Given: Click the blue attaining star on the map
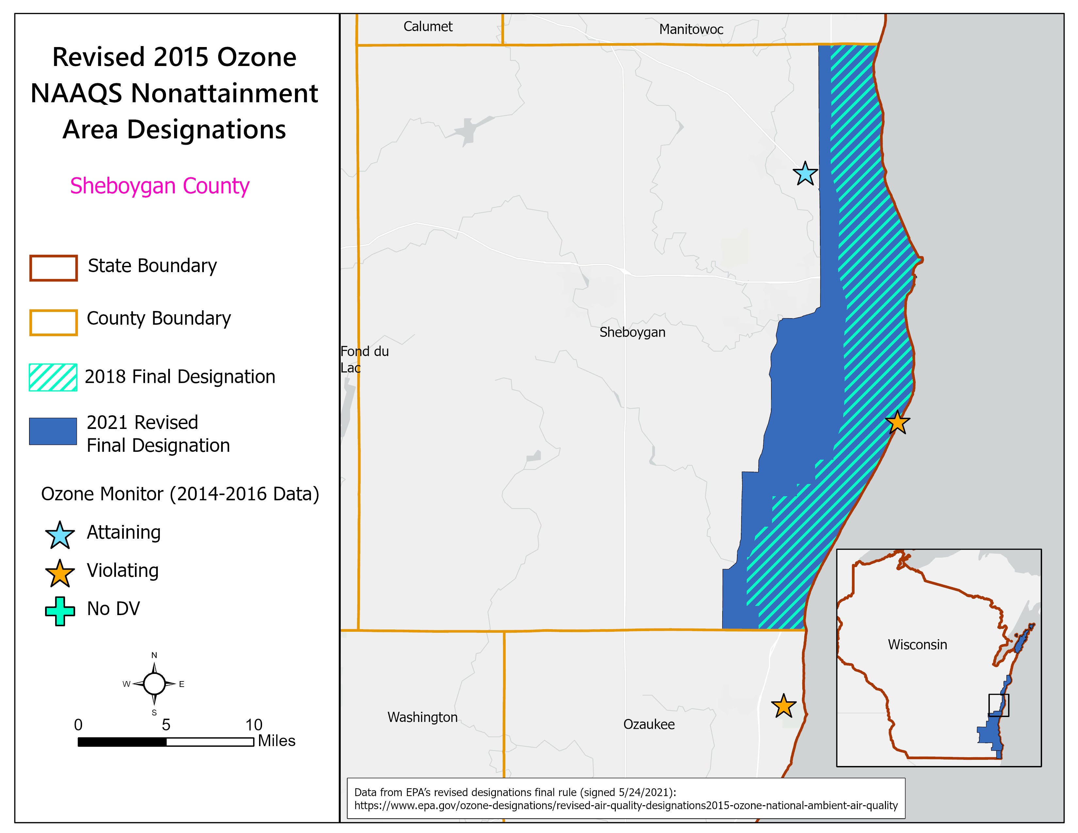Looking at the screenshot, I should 805,174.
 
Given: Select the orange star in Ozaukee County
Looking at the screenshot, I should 783,706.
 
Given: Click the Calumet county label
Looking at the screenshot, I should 428,27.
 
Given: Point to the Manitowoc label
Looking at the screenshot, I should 691,30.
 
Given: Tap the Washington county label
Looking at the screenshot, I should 422,717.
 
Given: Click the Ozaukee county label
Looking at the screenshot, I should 648,725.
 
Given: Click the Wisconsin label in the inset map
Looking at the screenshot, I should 917,645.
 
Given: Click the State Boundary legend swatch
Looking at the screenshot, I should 53,268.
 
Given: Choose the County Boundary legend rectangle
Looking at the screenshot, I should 53,322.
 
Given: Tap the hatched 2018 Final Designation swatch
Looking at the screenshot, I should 53,378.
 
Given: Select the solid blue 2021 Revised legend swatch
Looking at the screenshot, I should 53,431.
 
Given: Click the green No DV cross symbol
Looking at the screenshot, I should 60,611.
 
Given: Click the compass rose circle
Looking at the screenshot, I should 155,684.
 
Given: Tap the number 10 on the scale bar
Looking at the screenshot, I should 254,725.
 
